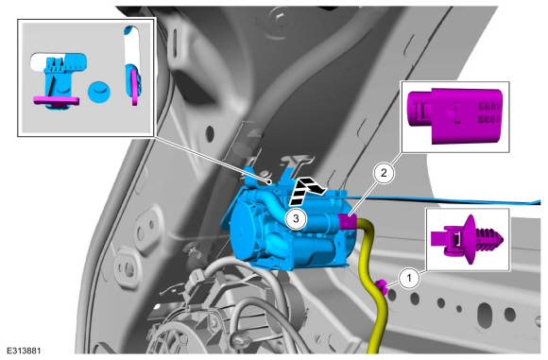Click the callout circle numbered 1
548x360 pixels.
click(x=408, y=278)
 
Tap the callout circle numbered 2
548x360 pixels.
click(x=384, y=173)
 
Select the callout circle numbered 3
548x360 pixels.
click(x=296, y=219)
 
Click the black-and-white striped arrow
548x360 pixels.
click(x=305, y=190)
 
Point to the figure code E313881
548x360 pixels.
click(x=24, y=351)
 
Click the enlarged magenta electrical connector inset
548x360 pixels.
click(x=455, y=116)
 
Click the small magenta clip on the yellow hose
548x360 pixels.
click(x=382, y=286)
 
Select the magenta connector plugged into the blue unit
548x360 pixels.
click(x=347, y=222)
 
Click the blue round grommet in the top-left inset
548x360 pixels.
click(x=99, y=92)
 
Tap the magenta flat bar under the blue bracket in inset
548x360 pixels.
click(x=56, y=101)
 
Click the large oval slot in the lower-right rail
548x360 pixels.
click(x=486, y=313)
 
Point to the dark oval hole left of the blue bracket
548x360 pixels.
click(x=210, y=133)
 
